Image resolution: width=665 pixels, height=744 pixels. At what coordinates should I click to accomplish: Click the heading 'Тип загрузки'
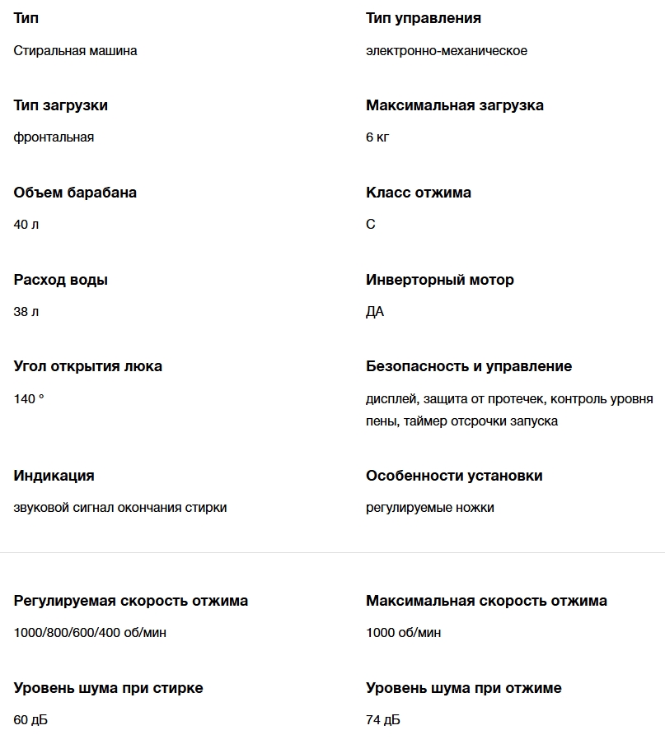[x=60, y=105]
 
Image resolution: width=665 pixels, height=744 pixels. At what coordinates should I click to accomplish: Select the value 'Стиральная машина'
[x=75, y=51]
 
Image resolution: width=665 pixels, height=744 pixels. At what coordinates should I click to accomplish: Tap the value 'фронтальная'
[x=54, y=137]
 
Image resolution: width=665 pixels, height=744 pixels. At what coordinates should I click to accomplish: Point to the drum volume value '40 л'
[x=26, y=225]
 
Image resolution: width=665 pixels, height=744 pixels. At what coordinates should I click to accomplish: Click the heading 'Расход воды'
[x=60, y=280]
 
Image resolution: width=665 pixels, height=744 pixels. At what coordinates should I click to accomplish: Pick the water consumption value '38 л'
[x=26, y=312]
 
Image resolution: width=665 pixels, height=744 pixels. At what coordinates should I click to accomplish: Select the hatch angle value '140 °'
[x=29, y=399]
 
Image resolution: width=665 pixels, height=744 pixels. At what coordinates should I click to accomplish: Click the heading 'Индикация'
[x=54, y=476]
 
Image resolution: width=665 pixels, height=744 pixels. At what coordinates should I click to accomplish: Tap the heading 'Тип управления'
[x=423, y=18]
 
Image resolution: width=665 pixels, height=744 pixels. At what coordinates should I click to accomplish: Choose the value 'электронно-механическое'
[x=446, y=51]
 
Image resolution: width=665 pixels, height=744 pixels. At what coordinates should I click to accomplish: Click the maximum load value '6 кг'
[x=377, y=137]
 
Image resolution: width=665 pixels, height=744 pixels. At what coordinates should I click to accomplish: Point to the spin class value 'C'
[x=370, y=225]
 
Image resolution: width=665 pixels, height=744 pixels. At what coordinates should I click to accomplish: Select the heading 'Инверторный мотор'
[x=439, y=280]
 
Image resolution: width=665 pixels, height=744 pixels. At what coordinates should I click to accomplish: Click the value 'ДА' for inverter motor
[x=375, y=312]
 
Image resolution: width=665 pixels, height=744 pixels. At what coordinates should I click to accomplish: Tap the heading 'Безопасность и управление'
[x=468, y=366]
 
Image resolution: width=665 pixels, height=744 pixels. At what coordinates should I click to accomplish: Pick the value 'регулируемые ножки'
[x=429, y=508]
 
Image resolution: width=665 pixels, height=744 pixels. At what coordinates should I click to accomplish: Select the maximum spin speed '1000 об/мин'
[x=403, y=633]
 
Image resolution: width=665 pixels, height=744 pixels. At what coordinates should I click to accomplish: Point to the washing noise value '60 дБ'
[x=30, y=720]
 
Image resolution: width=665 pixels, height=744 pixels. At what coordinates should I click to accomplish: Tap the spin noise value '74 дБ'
[x=382, y=720]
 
